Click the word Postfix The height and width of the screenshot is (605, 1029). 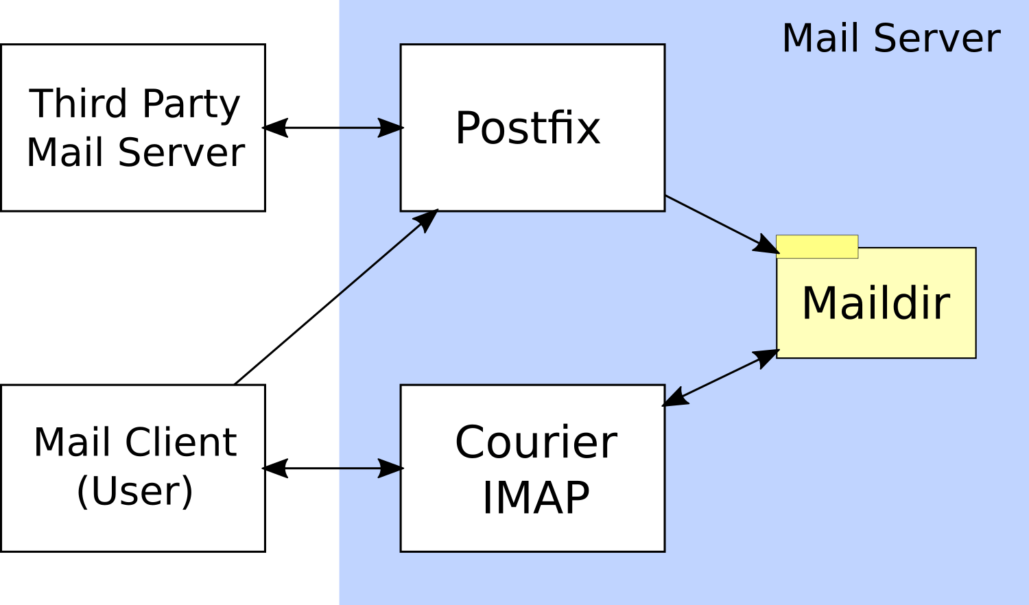click(528, 128)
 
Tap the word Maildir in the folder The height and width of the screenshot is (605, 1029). click(875, 303)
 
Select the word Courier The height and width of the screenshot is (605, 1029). click(536, 442)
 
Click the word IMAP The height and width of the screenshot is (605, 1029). click(536, 497)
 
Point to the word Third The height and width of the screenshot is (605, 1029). click(79, 104)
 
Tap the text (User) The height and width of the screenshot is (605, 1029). click(134, 491)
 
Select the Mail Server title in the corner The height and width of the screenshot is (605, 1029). click(890, 38)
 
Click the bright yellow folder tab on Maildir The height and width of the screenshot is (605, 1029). click(817, 246)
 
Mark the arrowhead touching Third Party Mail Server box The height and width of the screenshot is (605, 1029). click(275, 128)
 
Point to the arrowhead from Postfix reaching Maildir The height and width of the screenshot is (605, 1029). click(767, 246)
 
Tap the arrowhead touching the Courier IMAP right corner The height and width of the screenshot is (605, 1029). click(675, 398)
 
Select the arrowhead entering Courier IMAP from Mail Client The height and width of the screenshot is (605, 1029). click(391, 468)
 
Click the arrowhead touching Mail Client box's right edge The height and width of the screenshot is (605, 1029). click(275, 468)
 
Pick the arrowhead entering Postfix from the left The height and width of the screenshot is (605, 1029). click(391, 128)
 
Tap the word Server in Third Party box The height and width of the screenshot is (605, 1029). click(181, 152)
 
